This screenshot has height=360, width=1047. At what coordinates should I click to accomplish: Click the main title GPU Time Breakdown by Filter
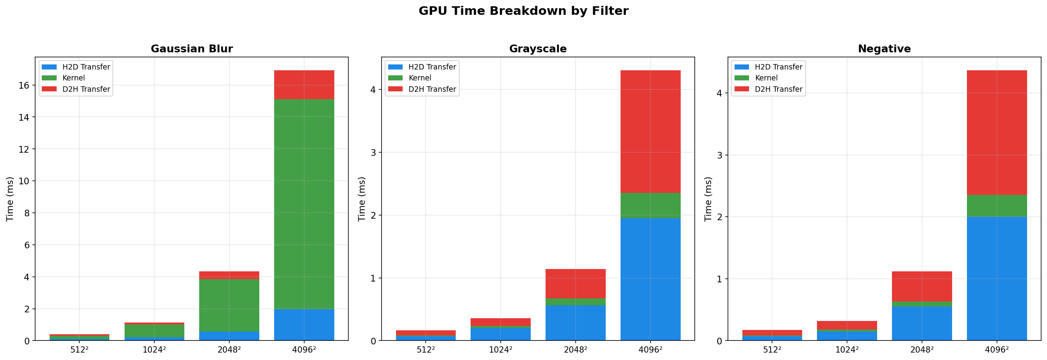pyautogui.click(x=523, y=11)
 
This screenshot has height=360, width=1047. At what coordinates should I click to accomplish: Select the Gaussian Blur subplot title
pyautogui.click(x=191, y=49)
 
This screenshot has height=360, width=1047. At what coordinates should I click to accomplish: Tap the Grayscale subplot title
pyautogui.click(x=537, y=49)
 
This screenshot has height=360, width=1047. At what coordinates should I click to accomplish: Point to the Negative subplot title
pyautogui.click(x=884, y=49)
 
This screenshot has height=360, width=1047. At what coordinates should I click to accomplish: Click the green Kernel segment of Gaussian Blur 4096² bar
pyautogui.click(x=304, y=203)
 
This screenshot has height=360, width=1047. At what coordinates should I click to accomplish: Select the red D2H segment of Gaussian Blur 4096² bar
pyautogui.click(x=304, y=84)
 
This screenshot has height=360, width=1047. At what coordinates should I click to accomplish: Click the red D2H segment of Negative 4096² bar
pyautogui.click(x=997, y=132)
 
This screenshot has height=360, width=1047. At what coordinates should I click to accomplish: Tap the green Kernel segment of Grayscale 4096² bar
pyautogui.click(x=650, y=206)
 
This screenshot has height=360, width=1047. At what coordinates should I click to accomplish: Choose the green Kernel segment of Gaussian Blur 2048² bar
pyautogui.click(x=229, y=305)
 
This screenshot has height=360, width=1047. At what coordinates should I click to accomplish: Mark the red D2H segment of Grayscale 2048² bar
pyautogui.click(x=576, y=283)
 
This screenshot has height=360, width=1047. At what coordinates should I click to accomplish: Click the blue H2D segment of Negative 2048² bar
pyautogui.click(x=922, y=323)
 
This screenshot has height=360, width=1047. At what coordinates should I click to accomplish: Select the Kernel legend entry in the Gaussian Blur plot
pyautogui.click(x=73, y=78)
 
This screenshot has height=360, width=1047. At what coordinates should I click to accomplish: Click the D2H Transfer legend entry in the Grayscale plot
pyautogui.click(x=432, y=89)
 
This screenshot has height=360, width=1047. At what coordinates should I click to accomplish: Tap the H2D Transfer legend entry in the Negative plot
pyautogui.click(x=778, y=67)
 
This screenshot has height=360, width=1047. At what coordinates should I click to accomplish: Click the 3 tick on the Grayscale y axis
pyautogui.click(x=373, y=153)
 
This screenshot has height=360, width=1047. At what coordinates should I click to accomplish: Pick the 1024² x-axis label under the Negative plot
pyautogui.click(x=847, y=349)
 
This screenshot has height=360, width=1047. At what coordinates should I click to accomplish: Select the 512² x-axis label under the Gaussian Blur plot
pyautogui.click(x=79, y=349)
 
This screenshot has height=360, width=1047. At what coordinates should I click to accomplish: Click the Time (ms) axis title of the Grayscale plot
pyautogui.click(x=361, y=199)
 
